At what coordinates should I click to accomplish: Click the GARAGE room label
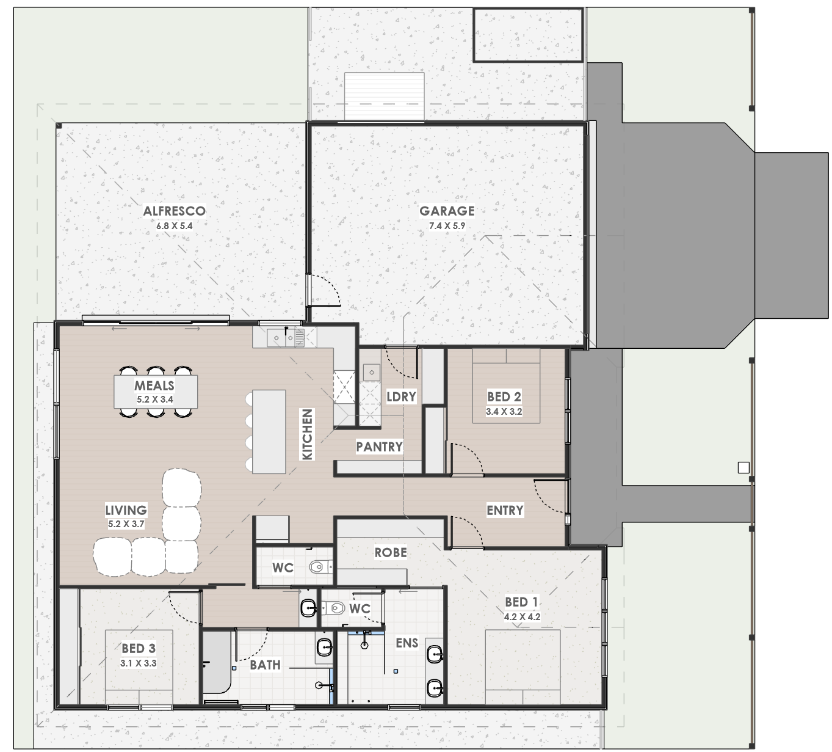(447, 211)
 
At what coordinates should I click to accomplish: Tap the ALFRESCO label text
(174, 211)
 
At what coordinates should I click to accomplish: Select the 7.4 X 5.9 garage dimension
(447, 226)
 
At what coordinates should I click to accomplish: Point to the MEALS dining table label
(154, 385)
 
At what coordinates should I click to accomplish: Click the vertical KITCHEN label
(307, 434)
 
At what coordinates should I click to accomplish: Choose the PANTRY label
(379, 447)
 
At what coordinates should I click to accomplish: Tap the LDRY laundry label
(401, 396)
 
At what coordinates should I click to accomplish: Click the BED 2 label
(504, 396)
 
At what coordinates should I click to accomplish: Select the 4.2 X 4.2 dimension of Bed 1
(522, 617)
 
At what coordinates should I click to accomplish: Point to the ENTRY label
(505, 510)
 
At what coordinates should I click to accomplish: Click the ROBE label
(391, 552)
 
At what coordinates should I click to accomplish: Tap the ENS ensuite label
(407, 643)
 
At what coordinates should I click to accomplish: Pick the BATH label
(265, 665)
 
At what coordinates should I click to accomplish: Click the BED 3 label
(139, 648)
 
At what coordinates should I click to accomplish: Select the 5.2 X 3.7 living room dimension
(126, 525)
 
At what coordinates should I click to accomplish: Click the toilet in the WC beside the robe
(321, 566)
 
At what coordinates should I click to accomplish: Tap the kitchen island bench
(269, 431)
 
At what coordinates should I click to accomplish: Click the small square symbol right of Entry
(743, 468)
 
